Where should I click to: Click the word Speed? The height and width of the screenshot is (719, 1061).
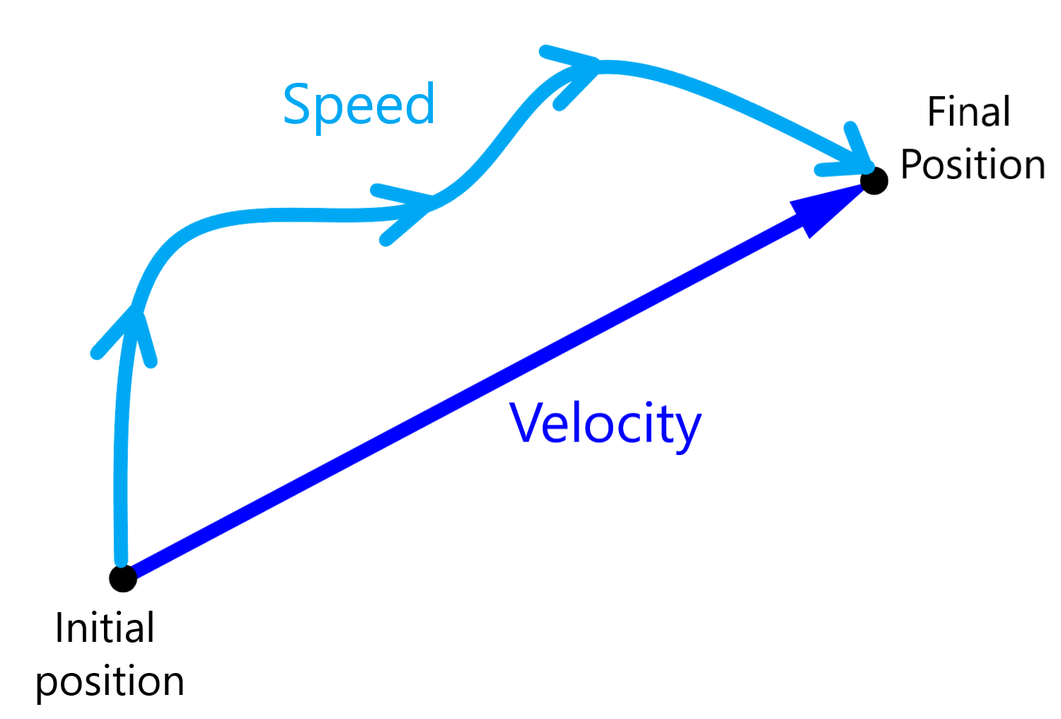(359, 107)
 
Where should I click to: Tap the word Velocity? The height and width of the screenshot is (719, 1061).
(605, 427)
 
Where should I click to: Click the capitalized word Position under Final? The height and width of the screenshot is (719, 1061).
(973, 164)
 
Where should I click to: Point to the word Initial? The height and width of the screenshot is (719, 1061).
(105, 628)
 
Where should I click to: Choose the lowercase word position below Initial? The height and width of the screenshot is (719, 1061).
(110, 682)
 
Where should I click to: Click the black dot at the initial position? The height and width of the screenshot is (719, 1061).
(123, 578)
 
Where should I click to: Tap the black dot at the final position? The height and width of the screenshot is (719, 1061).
(874, 180)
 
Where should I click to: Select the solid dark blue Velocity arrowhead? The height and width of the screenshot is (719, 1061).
(824, 211)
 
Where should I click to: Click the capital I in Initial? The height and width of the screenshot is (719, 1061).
(59, 628)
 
